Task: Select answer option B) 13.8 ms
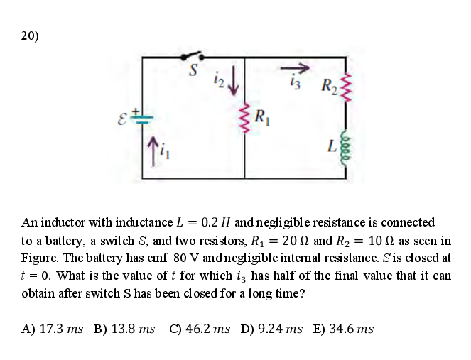click(x=124, y=329)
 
